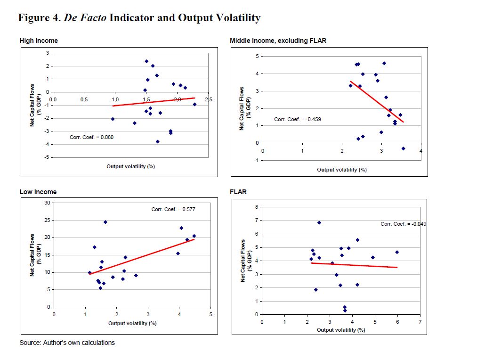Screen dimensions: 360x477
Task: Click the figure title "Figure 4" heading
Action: [139, 18]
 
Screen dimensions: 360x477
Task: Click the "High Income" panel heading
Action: [39, 41]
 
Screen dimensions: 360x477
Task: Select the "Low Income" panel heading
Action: [38, 192]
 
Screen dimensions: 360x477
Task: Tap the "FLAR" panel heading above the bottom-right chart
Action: [238, 192]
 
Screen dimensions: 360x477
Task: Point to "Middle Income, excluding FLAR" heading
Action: [278, 41]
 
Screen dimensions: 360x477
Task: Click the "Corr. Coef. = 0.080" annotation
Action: [91, 138]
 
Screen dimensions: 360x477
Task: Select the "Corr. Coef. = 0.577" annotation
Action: [173, 209]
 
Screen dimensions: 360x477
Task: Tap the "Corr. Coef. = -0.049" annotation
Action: [403, 224]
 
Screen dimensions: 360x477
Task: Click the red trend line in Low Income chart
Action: [141, 256]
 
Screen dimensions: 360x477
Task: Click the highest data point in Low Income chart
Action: [105, 222]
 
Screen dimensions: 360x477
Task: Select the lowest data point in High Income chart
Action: [158, 141]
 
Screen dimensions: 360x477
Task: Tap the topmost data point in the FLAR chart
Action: [319, 222]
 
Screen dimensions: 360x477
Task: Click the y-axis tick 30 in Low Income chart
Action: [47, 203]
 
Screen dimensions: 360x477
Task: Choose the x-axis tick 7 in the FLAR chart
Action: [420, 322]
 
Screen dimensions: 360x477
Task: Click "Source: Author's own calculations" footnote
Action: [67, 343]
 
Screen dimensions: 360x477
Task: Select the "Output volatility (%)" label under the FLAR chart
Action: [341, 330]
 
